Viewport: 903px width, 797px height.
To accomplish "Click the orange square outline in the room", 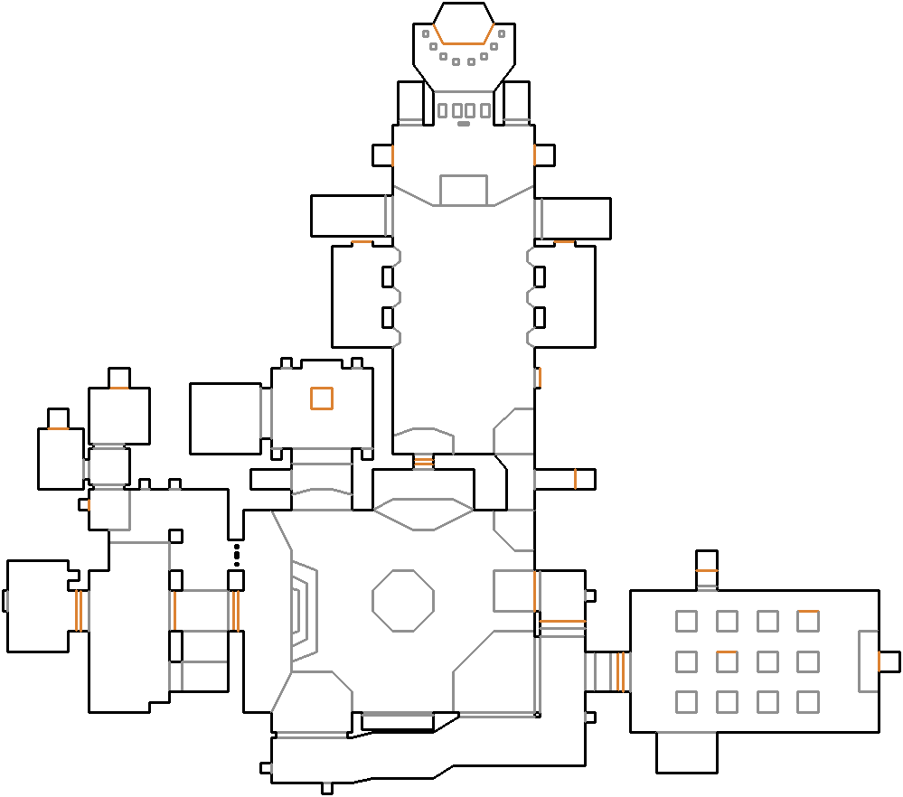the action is coord(321,398).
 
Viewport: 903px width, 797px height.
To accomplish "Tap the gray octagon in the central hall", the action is coord(403,600).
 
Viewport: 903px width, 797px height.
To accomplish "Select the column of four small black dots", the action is coord(237,554).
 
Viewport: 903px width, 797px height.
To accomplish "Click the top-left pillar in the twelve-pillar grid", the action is coord(686,621).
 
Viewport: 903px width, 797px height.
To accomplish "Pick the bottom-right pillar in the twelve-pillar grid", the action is coord(808,701).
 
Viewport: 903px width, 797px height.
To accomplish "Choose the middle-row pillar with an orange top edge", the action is coord(727,661).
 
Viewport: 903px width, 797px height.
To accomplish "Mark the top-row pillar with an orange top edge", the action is coord(808,621).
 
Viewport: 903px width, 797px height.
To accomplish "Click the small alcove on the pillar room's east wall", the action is coord(889,661).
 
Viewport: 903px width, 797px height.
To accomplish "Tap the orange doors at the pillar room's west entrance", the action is coord(620,670).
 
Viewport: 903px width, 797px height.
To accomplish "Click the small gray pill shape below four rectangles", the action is coord(464,124).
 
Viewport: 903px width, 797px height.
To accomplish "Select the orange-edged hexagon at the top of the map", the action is coord(464,23).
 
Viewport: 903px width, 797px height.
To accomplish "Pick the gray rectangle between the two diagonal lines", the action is coord(464,190).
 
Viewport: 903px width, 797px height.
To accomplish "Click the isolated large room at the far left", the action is coord(38,605).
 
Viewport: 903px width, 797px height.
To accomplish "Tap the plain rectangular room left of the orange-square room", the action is coord(225,418).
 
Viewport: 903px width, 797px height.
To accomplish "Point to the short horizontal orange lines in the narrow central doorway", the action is coord(424,462).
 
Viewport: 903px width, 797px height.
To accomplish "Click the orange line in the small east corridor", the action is coord(575,479).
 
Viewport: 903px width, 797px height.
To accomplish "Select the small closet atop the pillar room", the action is coord(707,561).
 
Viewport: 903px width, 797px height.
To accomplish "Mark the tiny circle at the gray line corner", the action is coord(537,715).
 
